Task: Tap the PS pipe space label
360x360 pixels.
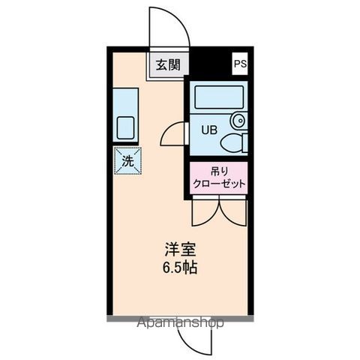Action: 239,64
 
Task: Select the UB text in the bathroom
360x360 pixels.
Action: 208,128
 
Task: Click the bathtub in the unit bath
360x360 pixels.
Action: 219,97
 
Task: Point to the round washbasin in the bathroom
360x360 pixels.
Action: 238,119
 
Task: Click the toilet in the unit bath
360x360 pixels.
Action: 235,142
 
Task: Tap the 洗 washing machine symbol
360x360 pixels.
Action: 127,160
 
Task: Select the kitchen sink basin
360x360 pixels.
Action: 124,127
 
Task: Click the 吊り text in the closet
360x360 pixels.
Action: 219,171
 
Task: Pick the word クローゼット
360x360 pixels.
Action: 219,184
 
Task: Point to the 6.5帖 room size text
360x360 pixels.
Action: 180,268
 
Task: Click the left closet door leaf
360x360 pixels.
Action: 204,212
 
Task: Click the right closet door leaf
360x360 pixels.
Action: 233,212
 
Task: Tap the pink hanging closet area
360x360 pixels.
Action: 219,178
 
